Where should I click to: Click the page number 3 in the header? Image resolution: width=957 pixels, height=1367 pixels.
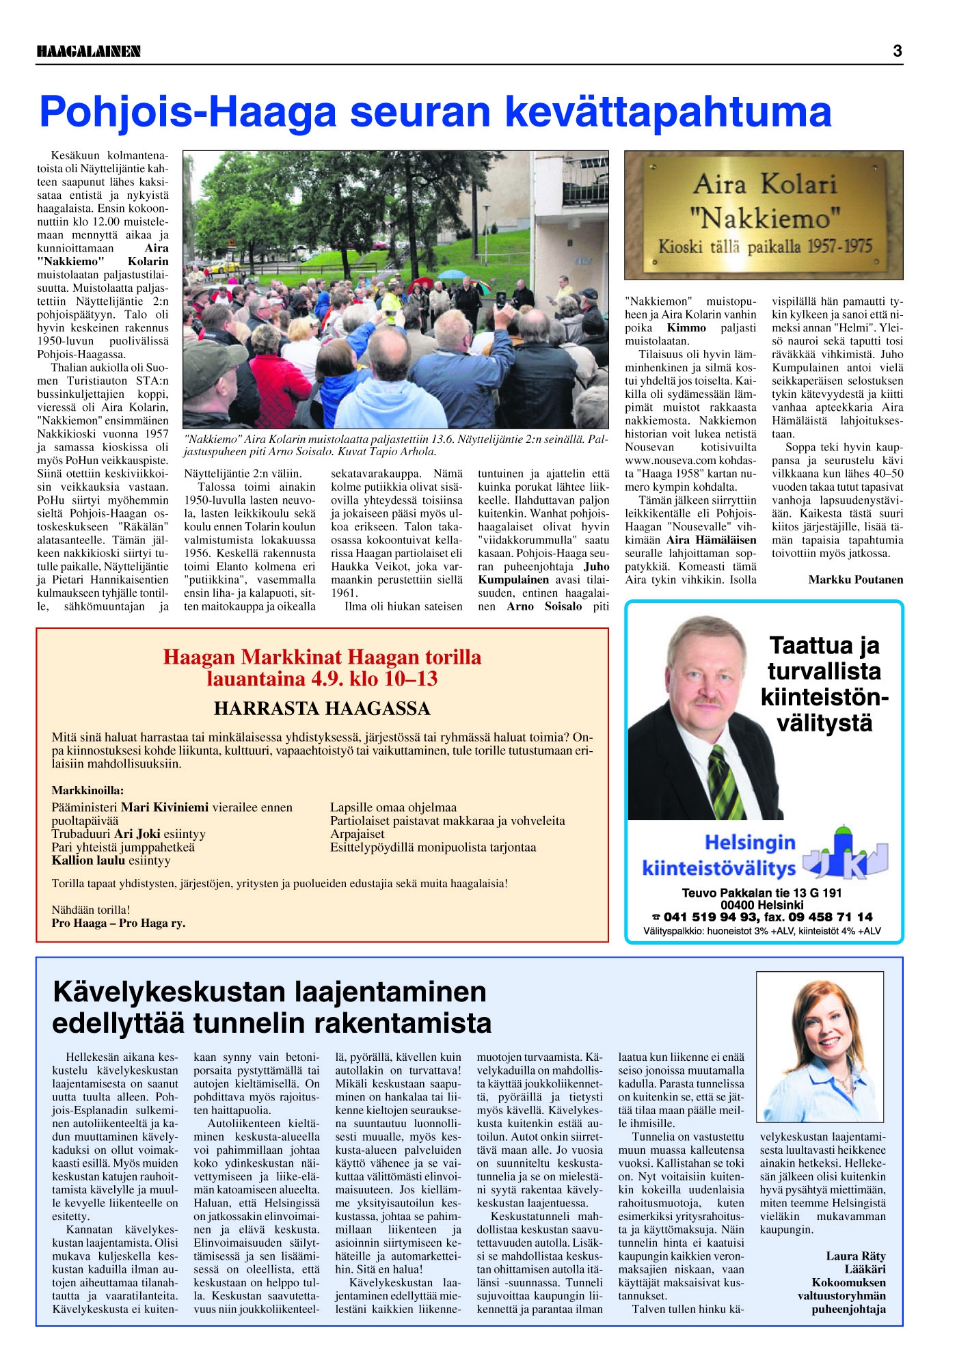[x=897, y=51]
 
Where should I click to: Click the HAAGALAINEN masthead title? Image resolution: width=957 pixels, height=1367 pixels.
[x=88, y=51]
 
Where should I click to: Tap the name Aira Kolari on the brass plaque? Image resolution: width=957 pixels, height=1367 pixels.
[x=765, y=185]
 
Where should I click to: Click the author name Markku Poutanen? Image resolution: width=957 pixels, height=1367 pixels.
[x=855, y=580]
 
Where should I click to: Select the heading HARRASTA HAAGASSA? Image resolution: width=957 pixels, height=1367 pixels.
[x=322, y=709]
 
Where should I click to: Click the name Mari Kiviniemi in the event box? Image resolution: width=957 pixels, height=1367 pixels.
[x=164, y=807]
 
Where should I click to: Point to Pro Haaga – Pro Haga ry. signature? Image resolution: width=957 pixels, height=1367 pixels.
[x=118, y=923]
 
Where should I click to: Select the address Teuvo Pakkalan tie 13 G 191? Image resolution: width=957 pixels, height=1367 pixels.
[x=761, y=893]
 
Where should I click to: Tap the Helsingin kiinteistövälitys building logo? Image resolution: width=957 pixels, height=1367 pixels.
[x=845, y=854]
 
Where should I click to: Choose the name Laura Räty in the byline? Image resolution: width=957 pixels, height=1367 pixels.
[x=855, y=1256]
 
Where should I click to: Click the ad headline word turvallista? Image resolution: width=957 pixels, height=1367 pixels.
[x=824, y=671]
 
